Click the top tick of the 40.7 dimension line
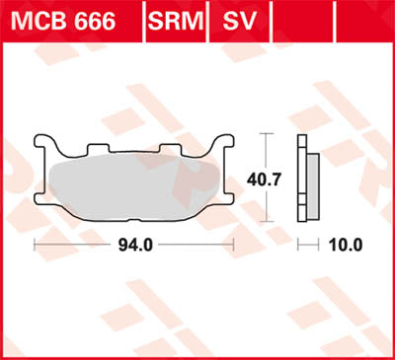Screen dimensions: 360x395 [x=267, y=133]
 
